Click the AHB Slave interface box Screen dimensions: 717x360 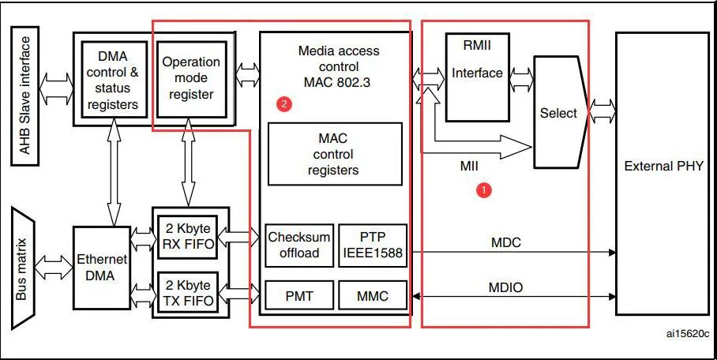click(24, 96)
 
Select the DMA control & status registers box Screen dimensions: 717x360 click(114, 80)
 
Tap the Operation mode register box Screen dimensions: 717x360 click(192, 79)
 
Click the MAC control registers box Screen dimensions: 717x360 click(335, 154)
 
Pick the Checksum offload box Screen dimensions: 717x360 click(299, 246)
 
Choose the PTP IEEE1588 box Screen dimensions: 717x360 click(373, 246)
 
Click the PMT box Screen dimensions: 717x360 click(299, 296)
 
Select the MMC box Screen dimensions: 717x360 click(373, 296)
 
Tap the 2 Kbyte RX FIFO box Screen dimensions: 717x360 click(187, 237)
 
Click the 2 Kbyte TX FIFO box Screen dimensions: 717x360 click(187, 293)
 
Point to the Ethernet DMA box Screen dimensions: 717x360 click(102, 268)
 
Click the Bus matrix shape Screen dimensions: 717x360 click(23, 268)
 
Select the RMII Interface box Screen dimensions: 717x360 click(478, 77)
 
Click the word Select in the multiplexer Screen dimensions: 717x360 click(558, 113)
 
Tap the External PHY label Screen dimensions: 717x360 click(663, 166)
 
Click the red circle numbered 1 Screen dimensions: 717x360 click(483, 189)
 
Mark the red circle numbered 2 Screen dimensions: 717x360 click(284, 104)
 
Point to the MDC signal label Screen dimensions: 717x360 click(506, 242)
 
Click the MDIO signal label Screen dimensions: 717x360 click(506, 287)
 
